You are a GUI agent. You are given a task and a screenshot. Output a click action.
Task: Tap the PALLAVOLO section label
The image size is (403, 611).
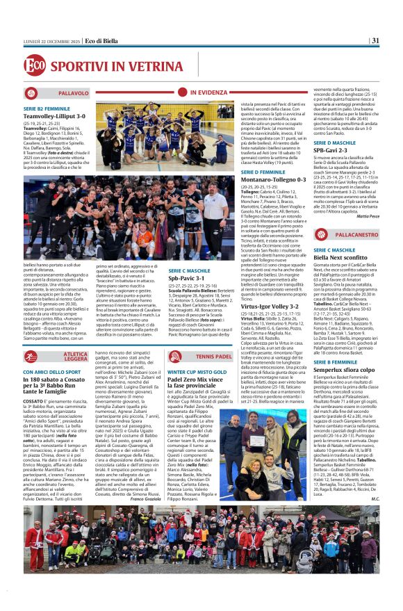pos(73,92)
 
